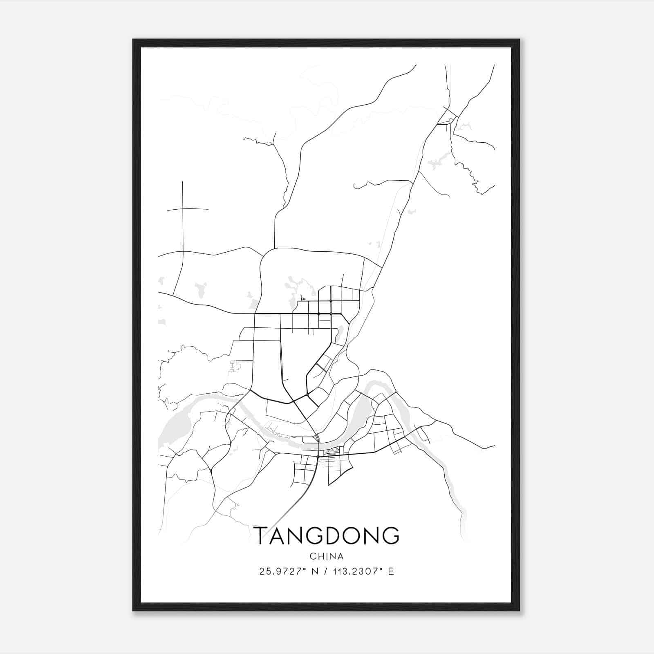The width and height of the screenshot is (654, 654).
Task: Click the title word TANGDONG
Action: point(327,536)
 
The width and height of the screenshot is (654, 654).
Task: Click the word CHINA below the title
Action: point(327,556)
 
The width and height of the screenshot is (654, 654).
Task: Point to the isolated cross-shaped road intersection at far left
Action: point(183,209)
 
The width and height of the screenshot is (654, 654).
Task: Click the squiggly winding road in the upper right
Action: point(470,172)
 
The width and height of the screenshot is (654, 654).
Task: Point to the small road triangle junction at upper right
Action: point(448,119)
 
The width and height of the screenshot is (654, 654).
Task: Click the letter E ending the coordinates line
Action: point(391,571)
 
